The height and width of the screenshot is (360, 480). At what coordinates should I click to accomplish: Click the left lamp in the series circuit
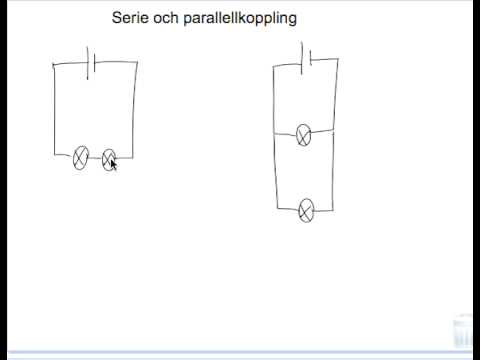click(x=81, y=156)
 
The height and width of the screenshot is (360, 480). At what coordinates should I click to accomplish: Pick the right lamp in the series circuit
click(x=109, y=157)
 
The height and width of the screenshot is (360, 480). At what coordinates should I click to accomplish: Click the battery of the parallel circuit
click(x=306, y=57)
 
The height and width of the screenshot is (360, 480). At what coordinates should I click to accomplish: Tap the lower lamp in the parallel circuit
click(x=307, y=209)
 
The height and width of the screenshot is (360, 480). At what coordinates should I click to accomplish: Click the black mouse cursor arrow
click(x=114, y=164)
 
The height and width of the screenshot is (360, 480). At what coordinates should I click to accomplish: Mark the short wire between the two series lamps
click(x=95, y=156)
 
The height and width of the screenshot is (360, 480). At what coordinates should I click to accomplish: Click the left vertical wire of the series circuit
click(x=54, y=110)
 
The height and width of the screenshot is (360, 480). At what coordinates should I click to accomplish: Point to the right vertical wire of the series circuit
click(x=136, y=110)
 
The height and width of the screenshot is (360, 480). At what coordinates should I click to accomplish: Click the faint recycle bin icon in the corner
click(x=463, y=329)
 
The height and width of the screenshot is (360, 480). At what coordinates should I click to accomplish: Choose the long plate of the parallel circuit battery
click(x=302, y=56)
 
